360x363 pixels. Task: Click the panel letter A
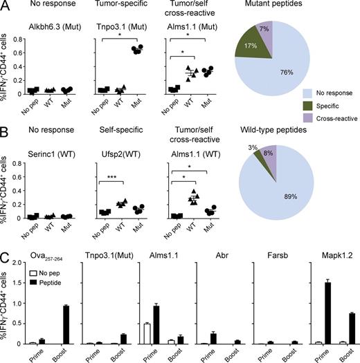[x=6, y=6]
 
